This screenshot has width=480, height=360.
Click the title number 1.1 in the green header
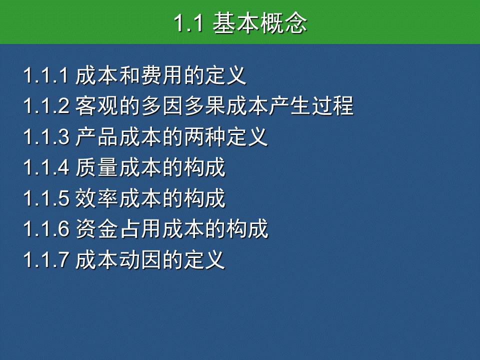[188, 23]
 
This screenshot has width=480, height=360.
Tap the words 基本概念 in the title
[260, 23]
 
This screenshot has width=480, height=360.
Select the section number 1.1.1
[46, 75]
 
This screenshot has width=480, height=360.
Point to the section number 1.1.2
[46, 106]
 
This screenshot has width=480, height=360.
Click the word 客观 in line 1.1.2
[96, 106]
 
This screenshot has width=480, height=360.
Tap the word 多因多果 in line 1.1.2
[183, 106]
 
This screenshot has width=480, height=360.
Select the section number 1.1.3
[46, 137]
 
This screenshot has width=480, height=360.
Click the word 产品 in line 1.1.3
[96, 137]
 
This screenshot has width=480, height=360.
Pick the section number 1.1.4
[46, 167]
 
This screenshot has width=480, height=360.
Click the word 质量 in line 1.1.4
[96, 167]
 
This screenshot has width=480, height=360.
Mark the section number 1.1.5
[46, 198]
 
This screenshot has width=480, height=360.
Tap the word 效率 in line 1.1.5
[96, 198]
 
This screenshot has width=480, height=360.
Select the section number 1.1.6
[46, 228]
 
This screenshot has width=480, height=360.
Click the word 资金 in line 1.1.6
[96, 228]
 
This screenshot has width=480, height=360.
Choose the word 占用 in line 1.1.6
[140, 228]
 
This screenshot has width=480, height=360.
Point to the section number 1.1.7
[46, 259]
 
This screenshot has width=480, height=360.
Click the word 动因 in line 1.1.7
[140, 259]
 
